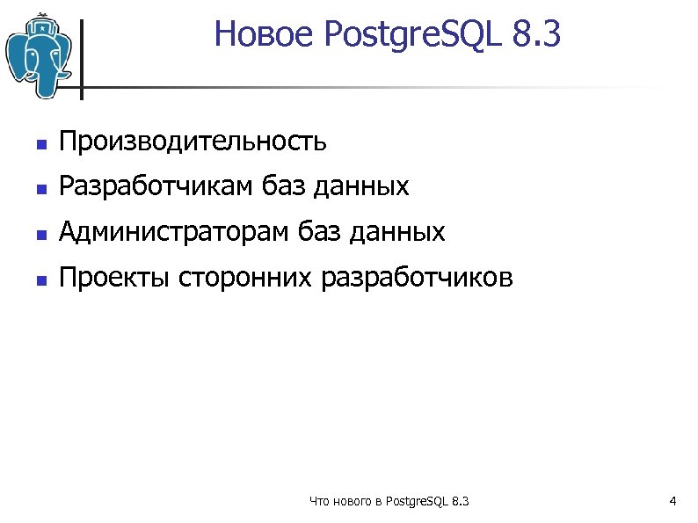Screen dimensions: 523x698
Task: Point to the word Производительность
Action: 193,140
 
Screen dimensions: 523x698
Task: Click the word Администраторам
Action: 175,232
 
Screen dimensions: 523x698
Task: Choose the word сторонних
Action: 244,279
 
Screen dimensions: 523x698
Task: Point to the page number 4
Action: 672,502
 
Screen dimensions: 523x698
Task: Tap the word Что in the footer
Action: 320,502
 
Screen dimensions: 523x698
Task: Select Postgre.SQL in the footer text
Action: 416,502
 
